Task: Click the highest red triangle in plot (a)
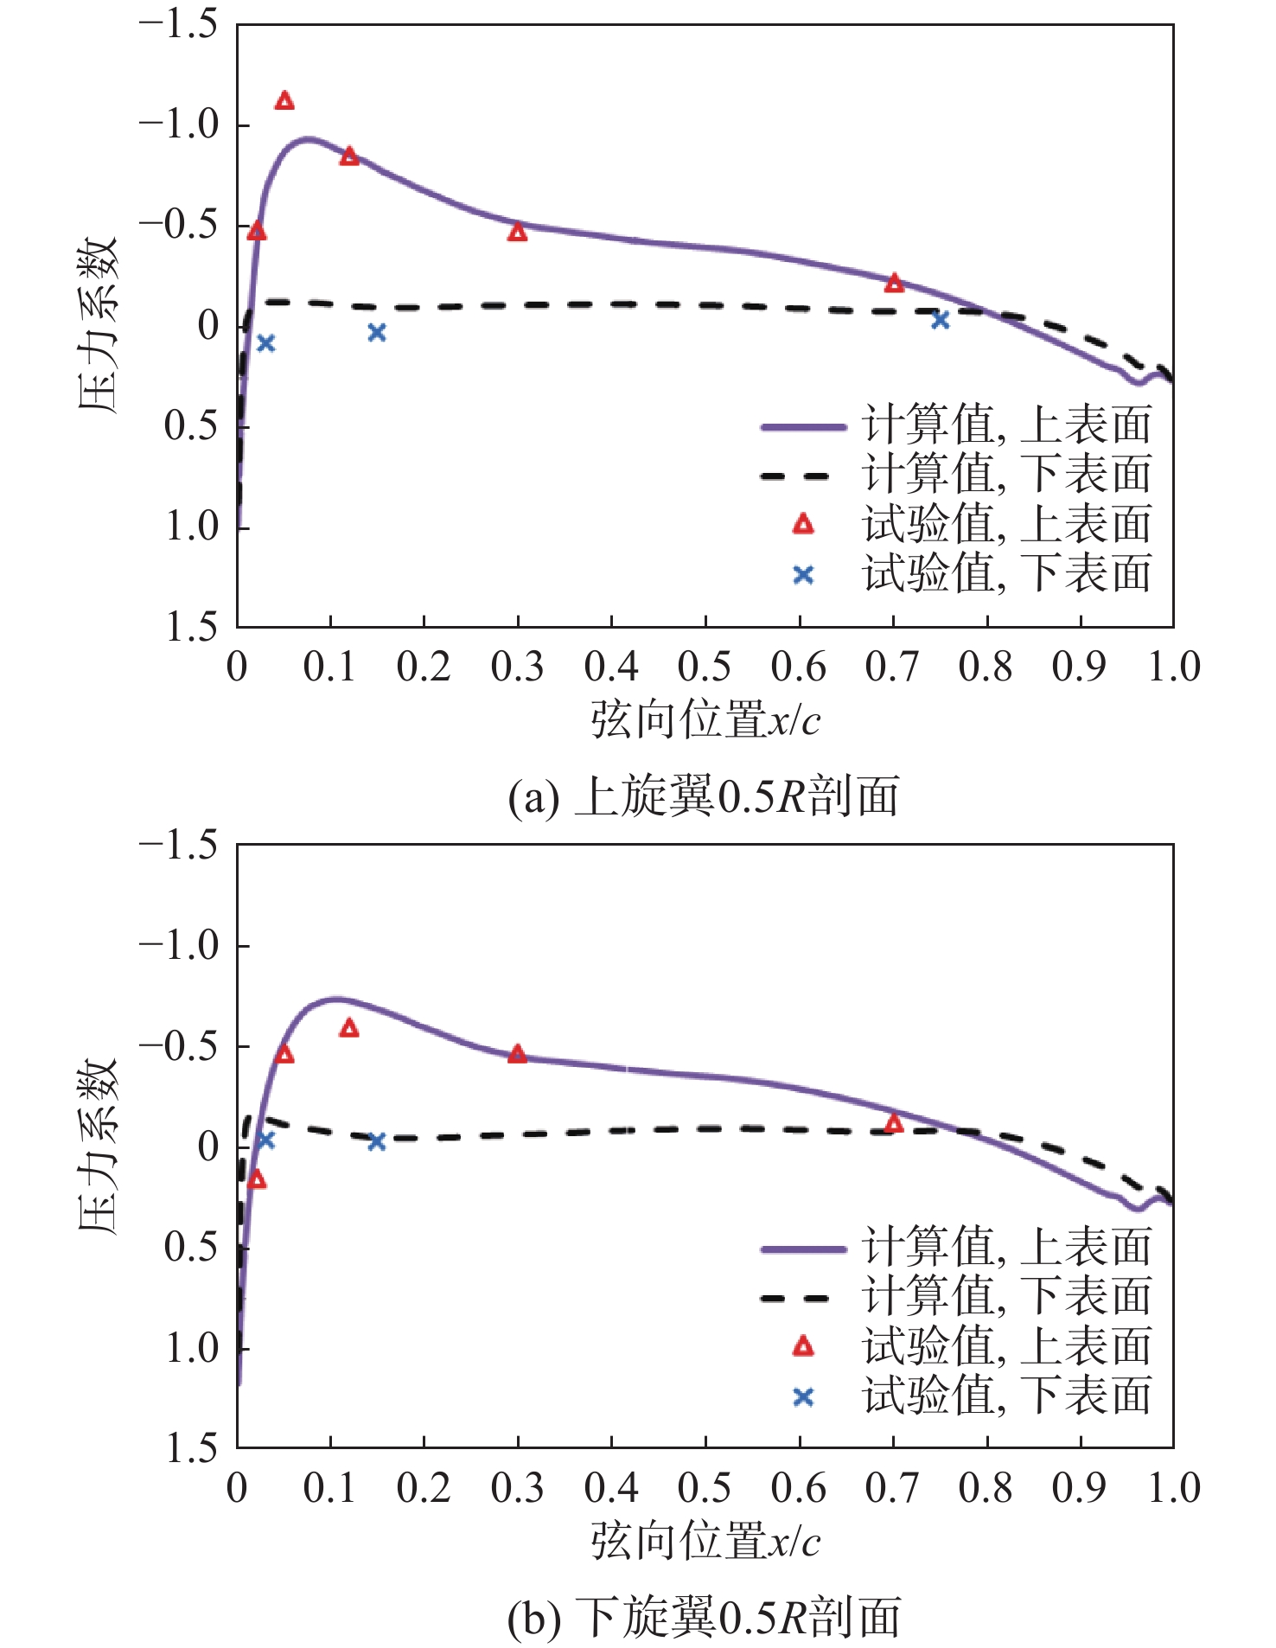pyautogui.click(x=284, y=101)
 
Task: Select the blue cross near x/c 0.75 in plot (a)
pyautogui.click(x=941, y=320)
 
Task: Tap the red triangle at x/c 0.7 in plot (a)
pyautogui.click(x=894, y=283)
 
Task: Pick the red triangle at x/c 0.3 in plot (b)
pyautogui.click(x=517, y=1053)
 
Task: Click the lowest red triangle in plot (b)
pyautogui.click(x=256, y=1179)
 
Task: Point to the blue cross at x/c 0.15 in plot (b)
pyautogui.click(x=376, y=1142)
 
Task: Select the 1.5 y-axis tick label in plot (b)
pyautogui.click(x=192, y=1449)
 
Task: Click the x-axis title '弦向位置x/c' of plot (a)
pyautogui.click(x=705, y=719)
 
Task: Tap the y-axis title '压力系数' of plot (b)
pyautogui.click(x=98, y=1146)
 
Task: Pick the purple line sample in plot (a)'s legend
pyautogui.click(x=803, y=427)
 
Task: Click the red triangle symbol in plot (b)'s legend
pyautogui.click(x=803, y=1346)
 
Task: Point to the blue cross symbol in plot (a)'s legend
pyautogui.click(x=803, y=575)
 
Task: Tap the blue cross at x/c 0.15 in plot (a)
pyautogui.click(x=376, y=332)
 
